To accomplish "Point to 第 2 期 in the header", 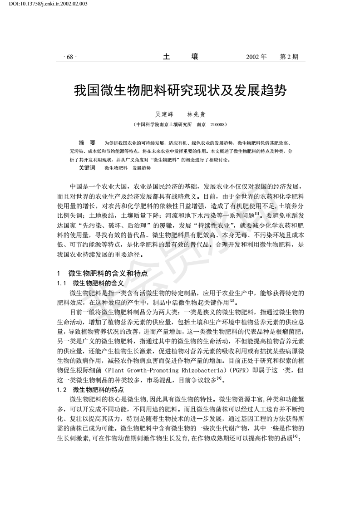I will [289, 58].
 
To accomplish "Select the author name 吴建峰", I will [159, 115].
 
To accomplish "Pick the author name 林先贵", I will [197, 115].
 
